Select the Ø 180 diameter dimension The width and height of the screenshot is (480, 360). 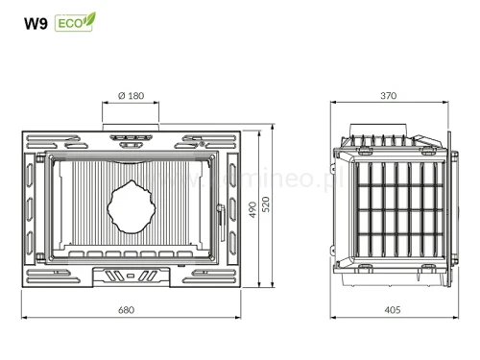pos(131,96)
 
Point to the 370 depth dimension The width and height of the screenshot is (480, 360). pos(389,96)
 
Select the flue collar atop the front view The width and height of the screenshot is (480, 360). pos(131,130)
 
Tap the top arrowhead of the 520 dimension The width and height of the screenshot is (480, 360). pos(276,127)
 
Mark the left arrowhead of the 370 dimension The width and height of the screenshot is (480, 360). pos(332,105)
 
